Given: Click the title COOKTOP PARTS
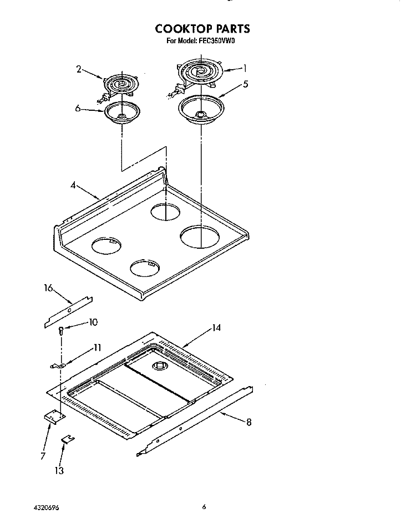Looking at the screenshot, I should [x=202, y=29].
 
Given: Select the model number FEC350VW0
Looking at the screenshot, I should [x=225, y=40].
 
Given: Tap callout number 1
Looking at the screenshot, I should [x=244, y=69].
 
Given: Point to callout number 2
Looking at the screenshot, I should [x=79, y=69].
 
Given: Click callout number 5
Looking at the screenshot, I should [x=245, y=84].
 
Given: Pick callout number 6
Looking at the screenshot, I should [x=78, y=109].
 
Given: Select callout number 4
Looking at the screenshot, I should [x=73, y=186].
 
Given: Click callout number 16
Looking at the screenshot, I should [x=48, y=287].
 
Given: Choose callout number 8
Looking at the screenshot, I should [x=248, y=423].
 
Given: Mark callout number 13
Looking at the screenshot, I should [x=59, y=471].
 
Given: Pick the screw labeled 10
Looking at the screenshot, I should [x=61, y=331].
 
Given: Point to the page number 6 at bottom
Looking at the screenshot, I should [x=204, y=506].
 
